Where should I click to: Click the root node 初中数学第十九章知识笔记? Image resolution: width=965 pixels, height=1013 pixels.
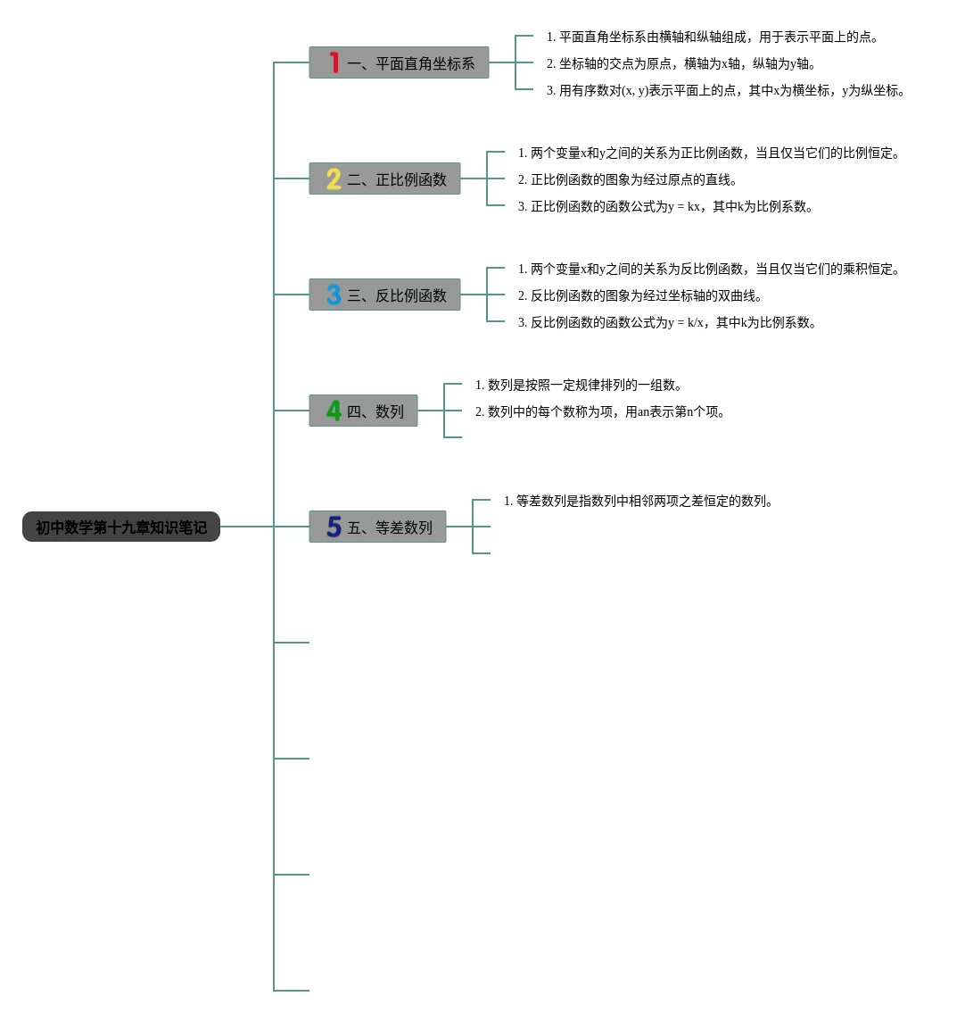point(121,527)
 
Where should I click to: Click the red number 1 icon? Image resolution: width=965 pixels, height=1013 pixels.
point(334,62)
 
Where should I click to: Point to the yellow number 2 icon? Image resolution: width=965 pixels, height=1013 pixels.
point(334,179)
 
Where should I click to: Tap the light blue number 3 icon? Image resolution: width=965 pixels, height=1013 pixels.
point(334,295)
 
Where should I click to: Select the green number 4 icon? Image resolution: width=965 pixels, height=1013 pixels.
point(334,411)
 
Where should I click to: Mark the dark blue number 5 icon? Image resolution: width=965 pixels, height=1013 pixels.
point(334,527)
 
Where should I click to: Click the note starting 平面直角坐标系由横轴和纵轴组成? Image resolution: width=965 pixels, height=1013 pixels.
point(713,37)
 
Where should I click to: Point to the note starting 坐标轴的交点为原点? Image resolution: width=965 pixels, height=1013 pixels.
point(682,64)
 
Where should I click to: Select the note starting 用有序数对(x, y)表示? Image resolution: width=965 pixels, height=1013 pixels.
point(727,91)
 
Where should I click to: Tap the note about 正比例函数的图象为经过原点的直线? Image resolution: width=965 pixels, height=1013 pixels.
point(629,180)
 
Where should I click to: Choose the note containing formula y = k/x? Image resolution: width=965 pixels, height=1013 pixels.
point(668,323)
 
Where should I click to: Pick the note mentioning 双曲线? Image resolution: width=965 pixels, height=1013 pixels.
point(641,296)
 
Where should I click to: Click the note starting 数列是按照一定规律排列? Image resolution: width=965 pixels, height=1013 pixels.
point(580,386)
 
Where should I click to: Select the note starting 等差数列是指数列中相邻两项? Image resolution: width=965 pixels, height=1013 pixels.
point(639,502)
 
